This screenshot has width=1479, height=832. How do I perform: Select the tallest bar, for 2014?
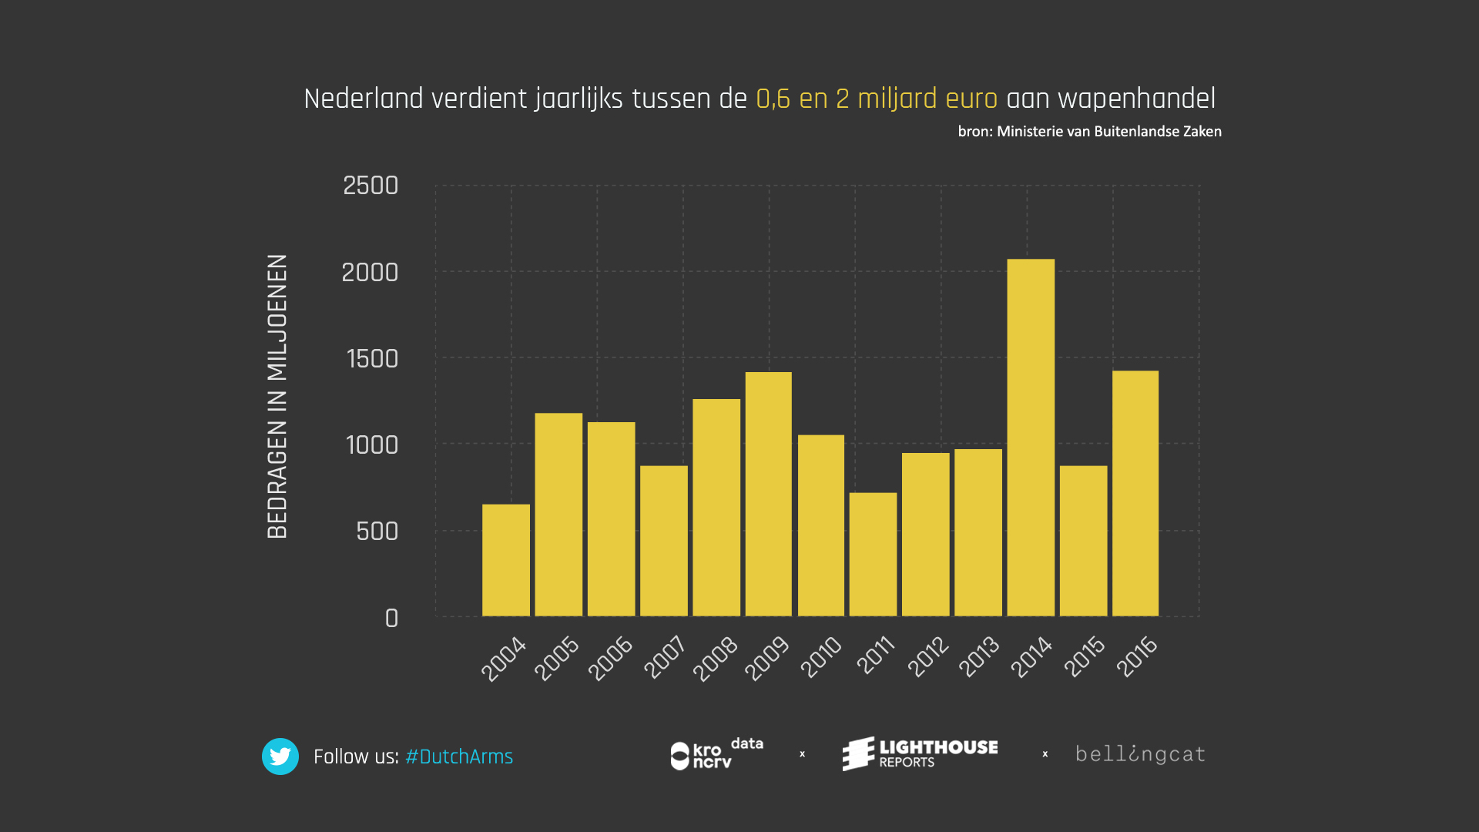(x=1031, y=438)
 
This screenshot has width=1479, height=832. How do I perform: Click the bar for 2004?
(x=505, y=560)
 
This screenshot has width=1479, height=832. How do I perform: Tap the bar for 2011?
(x=873, y=554)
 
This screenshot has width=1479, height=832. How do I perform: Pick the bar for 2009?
(x=768, y=494)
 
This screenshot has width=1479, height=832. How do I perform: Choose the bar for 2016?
(x=1135, y=493)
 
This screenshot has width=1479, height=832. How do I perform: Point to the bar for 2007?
(x=663, y=541)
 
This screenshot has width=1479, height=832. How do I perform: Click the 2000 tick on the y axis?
(x=370, y=273)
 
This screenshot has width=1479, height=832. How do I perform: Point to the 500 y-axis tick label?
(x=377, y=532)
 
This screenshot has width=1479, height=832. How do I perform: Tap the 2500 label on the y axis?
(x=371, y=186)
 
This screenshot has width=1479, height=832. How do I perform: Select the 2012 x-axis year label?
(x=928, y=656)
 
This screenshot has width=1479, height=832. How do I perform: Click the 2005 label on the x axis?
(x=557, y=658)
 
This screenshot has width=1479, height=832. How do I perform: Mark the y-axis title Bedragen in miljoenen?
(x=277, y=396)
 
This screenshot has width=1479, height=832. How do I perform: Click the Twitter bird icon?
(x=280, y=757)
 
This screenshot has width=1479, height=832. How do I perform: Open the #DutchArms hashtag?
(x=459, y=757)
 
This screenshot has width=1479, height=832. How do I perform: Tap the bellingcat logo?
(x=1140, y=754)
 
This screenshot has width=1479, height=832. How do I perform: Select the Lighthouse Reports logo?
(x=921, y=753)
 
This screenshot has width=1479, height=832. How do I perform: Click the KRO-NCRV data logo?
(x=716, y=754)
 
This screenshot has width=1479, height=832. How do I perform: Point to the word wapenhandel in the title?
(x=1136, y=99)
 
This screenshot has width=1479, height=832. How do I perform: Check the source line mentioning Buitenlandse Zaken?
(x=1089, y=132)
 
